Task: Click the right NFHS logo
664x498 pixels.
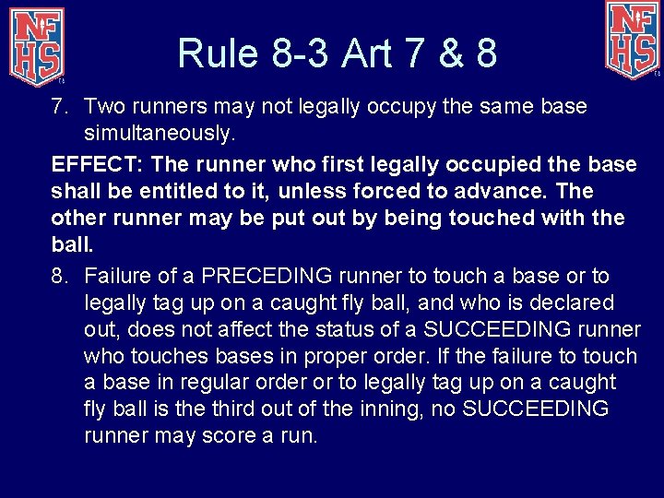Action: point(633,39)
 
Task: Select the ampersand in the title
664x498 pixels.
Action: point(449,53)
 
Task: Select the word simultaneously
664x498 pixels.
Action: point(159,133)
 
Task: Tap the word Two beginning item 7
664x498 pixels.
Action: point(105,106)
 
